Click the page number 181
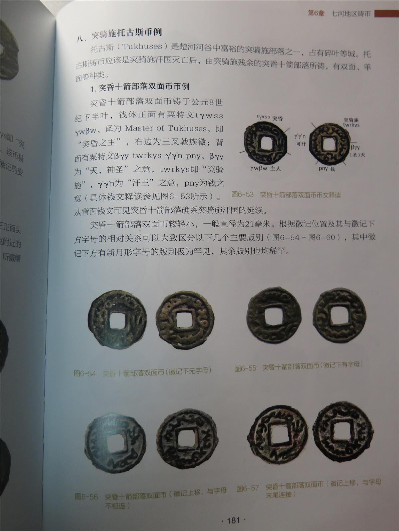pyautogui.click(x=233, y=520)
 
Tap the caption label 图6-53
pyautogui.click(x=242, y=194)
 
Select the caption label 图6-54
pyautogui.click(x=85, y=373)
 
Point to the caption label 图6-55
pyautogui.click(x=245, y=368)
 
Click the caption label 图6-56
pyautogui.click(x=86, y=496)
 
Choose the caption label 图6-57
pyautogui.click(x=247, y=488)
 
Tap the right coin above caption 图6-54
pyautogui.click(x=185, y=320)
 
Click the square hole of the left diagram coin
pyautogui.click(x=266, y=143)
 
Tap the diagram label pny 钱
pyautogui.click(x=327, y=169)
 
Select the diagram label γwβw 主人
pyautogui.click(x=265, y=168)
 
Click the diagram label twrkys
pyautogui.click(x=351, y=125)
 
